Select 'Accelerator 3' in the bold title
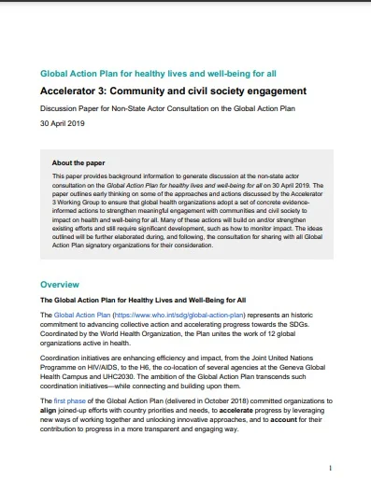pos(78,91)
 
